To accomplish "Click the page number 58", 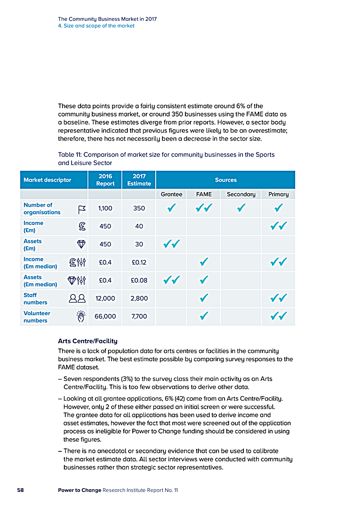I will (20, 490).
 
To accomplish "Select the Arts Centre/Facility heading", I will (88, 341).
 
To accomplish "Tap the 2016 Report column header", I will (105, 180).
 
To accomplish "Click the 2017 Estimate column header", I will (139, 180).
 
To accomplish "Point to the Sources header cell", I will (225, 180).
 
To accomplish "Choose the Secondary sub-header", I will (241, 194).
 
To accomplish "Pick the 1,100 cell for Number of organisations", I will (105, 209).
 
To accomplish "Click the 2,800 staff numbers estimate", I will (139, 298).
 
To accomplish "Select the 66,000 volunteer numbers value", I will (105, 317).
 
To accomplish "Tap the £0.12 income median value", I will (139, 262).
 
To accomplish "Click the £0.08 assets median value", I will (139, 281).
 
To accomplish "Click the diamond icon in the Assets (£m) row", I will (81, 244).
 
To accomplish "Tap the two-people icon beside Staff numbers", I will (77, 298).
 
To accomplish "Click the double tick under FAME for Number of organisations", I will (204, 208).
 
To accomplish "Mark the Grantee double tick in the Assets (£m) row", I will (171, 244).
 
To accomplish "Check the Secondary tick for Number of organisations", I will (241, 208).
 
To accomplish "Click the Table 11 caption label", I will (166, 158).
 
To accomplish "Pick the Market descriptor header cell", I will (47, 180).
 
